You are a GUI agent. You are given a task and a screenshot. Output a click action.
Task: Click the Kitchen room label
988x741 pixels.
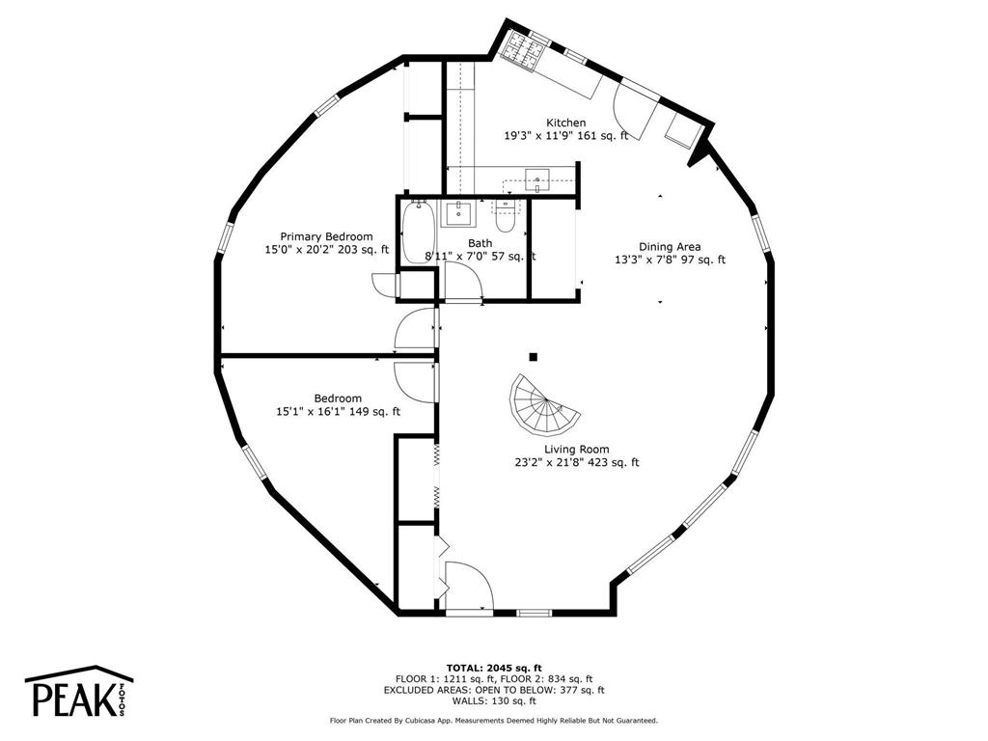(565, 123)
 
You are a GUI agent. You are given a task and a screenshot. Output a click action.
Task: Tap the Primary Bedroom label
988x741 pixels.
(326, 237)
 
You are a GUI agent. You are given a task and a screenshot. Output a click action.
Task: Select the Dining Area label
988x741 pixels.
(670, 247)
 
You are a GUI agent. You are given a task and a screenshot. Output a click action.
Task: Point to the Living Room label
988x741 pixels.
(577, 450)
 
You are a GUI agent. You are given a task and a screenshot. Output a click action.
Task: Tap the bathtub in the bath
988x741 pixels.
(418, 232)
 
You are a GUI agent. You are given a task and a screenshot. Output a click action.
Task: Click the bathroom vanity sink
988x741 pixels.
(458, 214)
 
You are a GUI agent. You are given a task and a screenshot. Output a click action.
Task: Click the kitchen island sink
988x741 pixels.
(536, 179)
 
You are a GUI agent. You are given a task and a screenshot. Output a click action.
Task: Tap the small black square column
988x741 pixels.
(533, 357)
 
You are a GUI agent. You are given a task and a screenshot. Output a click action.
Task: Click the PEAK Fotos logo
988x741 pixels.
(79, 692)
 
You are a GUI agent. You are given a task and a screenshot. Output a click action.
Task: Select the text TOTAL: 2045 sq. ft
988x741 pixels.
(494, 668)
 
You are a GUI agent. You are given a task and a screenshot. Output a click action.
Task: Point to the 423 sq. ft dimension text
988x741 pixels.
(613, 462)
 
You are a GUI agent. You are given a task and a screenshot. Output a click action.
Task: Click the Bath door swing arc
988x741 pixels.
(464, 281)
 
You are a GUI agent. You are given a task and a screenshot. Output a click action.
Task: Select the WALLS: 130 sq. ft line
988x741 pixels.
(494, 700)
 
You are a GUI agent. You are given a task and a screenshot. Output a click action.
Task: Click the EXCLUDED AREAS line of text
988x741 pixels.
(494, 690)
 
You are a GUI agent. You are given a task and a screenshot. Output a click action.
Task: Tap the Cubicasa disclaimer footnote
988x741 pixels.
(494, 720)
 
